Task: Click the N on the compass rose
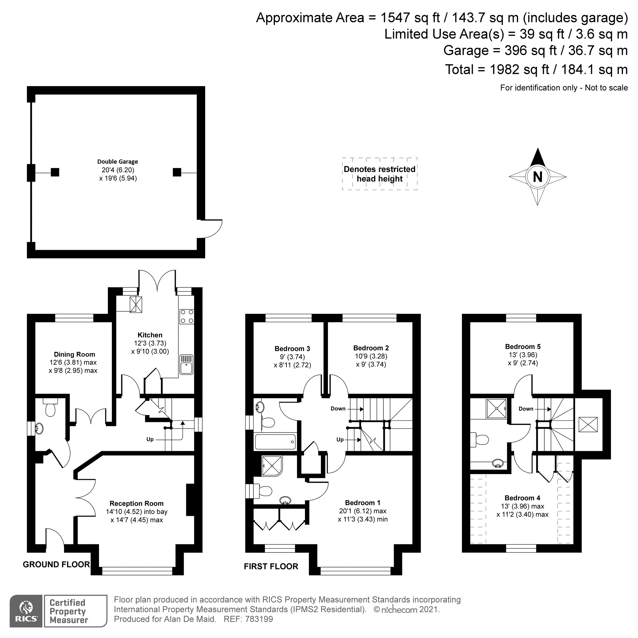coord(537,177)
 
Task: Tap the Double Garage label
coord(118,162)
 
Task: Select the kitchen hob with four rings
coord(187,316)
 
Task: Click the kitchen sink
coord(186,365)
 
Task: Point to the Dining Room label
coord(74,354)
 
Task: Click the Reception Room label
coord(137,504)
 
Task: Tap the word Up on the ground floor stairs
coord(150,439)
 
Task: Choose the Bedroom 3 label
coord(292,349)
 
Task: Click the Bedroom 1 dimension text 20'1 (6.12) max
coord(363,511)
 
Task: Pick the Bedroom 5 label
coord(523,347)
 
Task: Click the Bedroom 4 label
coord(522,498)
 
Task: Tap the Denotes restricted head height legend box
coord(379,174)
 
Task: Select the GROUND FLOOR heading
coord(56,564)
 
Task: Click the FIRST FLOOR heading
coord(271,566)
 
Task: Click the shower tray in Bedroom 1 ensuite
coord(272,466)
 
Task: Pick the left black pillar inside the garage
coord(55,172)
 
